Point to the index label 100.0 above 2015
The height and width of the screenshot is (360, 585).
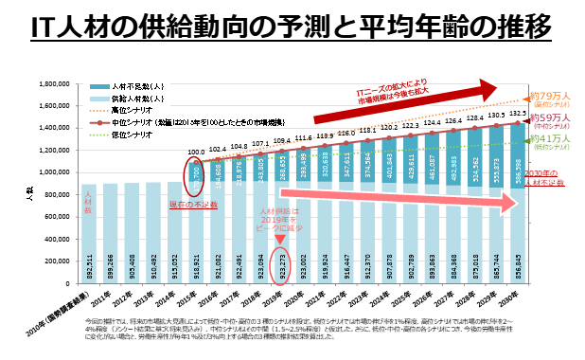coord(196,152)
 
